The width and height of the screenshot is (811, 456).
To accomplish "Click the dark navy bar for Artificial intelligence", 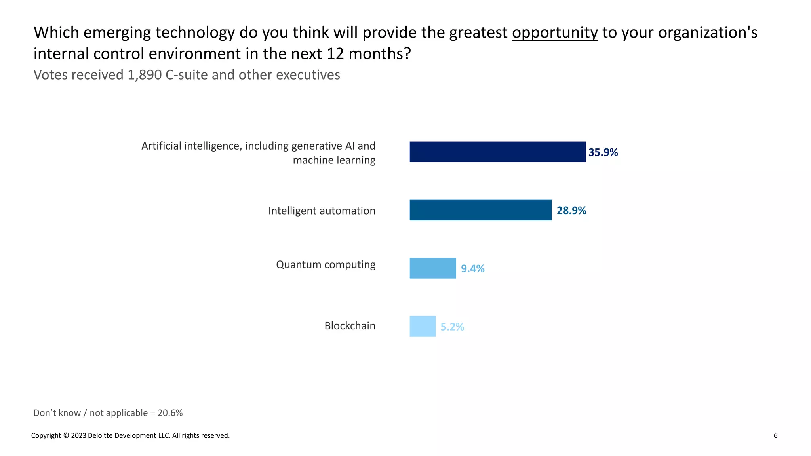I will (x=497, y=152).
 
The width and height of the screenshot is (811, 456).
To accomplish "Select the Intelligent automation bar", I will (x=480, y=210).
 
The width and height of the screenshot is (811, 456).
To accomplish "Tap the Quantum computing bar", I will (x=432, y=268).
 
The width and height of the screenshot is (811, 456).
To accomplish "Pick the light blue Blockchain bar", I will (x=422, y=327).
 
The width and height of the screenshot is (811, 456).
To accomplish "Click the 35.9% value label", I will (x=603, y=152).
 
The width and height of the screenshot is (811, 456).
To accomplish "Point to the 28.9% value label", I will (x=571, y=211).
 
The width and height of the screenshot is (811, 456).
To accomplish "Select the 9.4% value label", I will (x=472, y=269).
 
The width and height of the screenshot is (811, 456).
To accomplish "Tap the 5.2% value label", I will (x=452, y=327).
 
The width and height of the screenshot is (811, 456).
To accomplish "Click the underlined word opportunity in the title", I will (x=554, y=32).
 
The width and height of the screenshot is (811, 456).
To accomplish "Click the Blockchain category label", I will (x=350, y=326).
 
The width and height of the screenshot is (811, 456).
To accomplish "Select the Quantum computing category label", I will (x=326, y=264).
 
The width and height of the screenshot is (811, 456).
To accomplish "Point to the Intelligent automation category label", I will (x=322, y=211).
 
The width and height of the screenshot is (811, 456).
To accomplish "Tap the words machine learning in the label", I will (x=334, y=160).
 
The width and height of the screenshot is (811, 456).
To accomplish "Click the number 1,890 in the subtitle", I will (x=144, y=75).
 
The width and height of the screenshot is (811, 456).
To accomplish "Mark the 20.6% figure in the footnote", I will (x=170, y=413).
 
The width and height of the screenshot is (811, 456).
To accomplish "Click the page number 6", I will (x=775, y=435).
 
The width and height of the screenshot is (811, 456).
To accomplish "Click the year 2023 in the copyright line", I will (x=78, y=436).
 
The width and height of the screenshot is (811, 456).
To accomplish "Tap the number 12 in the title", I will (x=335, y=54).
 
